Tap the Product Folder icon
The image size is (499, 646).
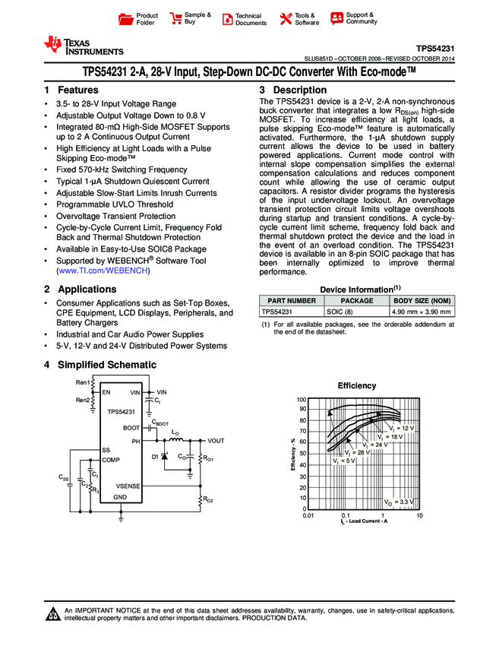[127, 19]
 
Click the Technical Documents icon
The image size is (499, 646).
[227, 19]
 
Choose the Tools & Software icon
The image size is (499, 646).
[286, 19]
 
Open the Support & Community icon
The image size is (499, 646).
[336, 18]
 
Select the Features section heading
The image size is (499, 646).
[72, 90]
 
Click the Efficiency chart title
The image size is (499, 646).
[357, 386]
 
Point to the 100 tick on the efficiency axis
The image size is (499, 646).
[301, 400]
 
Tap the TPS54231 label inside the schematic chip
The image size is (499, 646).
[121, 411]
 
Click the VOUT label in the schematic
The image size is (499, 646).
[216, 441]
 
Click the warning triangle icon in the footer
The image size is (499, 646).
[52, 615]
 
